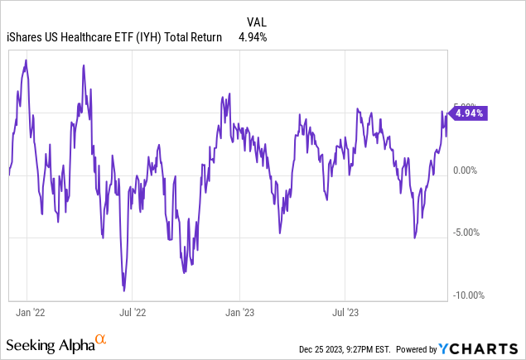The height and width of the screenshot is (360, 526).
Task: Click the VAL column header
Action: [257, 22]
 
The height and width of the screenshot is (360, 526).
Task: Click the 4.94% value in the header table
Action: [253, 36]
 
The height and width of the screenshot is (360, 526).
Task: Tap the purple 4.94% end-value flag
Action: [470, 114]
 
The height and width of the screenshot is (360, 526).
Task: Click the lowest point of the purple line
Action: [124, 290]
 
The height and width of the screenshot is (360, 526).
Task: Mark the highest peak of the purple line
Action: [27, 60]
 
